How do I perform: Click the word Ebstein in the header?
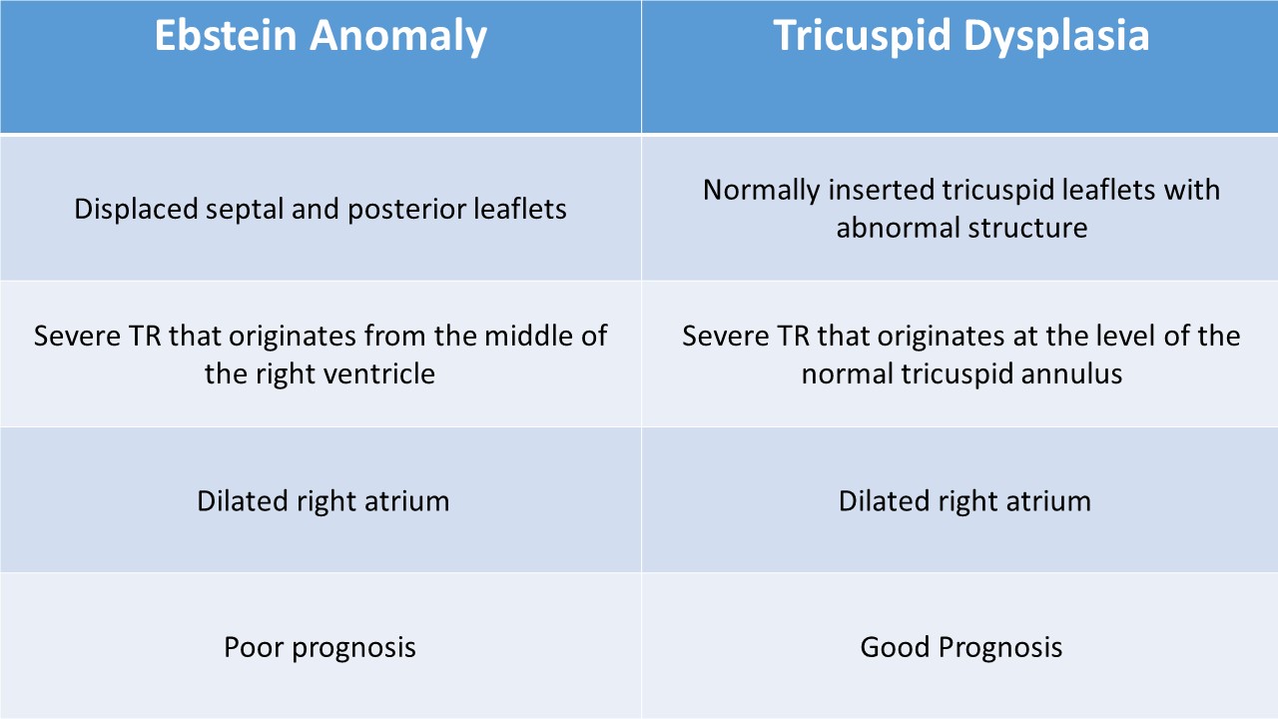226,35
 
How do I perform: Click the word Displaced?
135,210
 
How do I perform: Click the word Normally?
762,191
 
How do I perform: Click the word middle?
529,336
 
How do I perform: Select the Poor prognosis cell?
320,645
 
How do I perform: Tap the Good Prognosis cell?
959,645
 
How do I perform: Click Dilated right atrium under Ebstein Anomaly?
322,501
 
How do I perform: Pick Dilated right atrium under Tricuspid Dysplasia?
964,501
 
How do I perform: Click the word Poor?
254,647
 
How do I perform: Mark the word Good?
895,647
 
